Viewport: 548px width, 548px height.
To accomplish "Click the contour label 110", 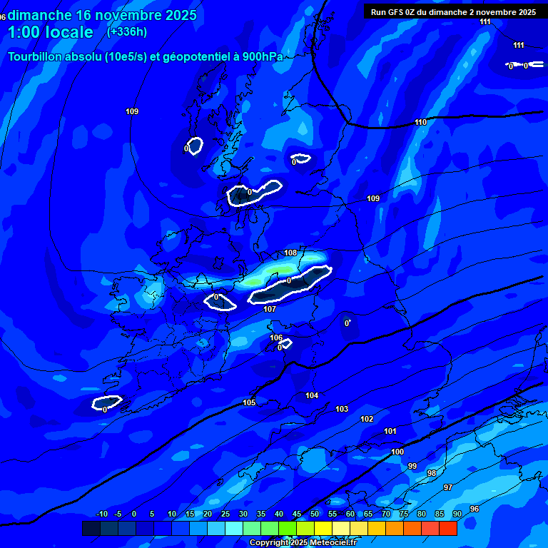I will point(420,122).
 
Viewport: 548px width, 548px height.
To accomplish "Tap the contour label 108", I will point(290,253).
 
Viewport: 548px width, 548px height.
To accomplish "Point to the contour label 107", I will point(270,309).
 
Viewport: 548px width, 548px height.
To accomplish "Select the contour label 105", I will point(249,403).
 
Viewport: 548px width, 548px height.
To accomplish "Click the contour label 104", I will point(312,395).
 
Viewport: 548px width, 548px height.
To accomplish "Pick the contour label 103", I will point(342,409).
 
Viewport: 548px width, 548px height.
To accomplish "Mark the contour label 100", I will point(397,452).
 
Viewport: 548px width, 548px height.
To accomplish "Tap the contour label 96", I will point(475,509).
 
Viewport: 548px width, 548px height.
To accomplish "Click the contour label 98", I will point(432,473).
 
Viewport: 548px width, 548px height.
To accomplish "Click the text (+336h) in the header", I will point(127,31).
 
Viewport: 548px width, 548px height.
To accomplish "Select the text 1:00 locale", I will point(51,32).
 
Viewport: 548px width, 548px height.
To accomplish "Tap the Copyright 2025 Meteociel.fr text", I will point(303,543).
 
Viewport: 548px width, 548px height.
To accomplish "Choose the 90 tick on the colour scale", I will point(457,514).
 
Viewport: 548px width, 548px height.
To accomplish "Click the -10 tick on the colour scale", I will point(101,514).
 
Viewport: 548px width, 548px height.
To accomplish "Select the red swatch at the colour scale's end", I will point(447,528).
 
